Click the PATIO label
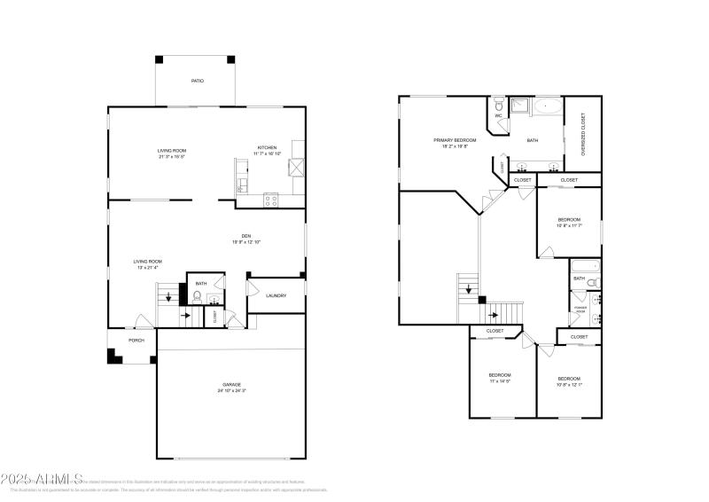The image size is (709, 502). [197, 81]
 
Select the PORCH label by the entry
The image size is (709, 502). [136, 340]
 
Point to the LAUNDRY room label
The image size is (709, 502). [276, 295]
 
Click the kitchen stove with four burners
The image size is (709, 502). [271, 200]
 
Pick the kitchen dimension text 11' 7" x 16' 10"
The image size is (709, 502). [268, 153]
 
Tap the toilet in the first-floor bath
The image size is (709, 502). [197, 297]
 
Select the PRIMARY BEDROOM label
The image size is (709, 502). [455, 140]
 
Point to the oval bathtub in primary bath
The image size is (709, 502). [547, 107]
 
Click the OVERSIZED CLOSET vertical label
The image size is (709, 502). [583, 135]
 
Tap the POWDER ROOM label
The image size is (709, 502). [580, 310]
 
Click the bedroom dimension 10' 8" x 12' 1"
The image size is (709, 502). [569, 384]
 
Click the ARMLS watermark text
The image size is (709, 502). [43, 479]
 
